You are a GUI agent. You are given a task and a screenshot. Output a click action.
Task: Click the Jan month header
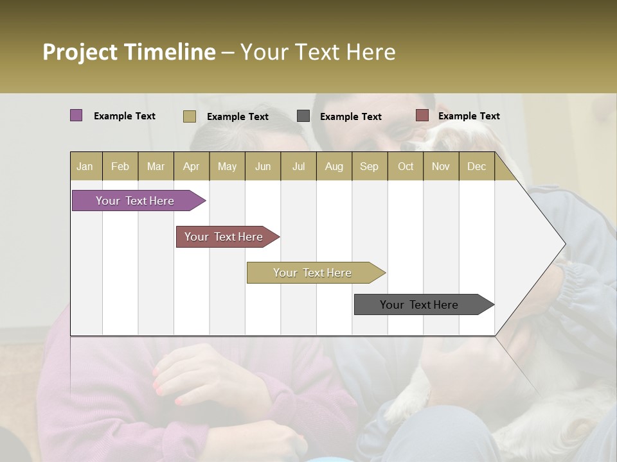click(x=85, y=166)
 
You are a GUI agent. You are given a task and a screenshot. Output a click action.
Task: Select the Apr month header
click(x=191, y=166)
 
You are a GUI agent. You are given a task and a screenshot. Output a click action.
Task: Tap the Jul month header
click(x=298, y=166)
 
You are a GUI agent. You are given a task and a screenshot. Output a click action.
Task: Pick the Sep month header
click(x=369, y=166)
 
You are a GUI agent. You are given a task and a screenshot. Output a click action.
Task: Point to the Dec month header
click(x=476, y=166)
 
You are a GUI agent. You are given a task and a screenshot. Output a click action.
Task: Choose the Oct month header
click(x=406, y=166)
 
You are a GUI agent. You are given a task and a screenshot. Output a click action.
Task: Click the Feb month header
click(x=120, y=166)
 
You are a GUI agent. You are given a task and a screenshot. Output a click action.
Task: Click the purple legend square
click(x=76, y=116)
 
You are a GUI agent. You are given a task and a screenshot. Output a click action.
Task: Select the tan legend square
click(x=189, y=116)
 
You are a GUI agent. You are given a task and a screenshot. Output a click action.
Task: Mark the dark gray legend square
click(x=303, y=116)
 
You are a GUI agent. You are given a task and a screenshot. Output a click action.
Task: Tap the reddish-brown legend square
click(x=422, y=116)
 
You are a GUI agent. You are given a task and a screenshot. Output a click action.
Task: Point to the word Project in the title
click(x=80, y=52)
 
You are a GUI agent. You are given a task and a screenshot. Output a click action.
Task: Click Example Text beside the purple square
click(x=125, y=116)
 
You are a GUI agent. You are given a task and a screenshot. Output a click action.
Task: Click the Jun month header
click(x=263, y=166)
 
